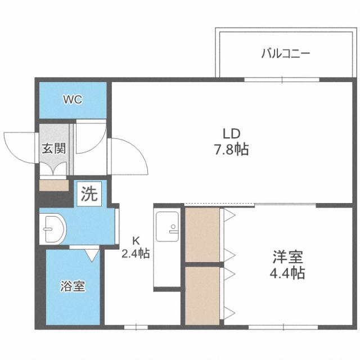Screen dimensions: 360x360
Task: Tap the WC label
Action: pos(73,100)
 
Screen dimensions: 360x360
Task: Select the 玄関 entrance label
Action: pos(53,149)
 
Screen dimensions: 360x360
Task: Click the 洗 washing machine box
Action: pos(89,195)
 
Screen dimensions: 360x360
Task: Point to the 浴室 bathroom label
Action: pos(73,286)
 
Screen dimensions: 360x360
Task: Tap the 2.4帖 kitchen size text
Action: pos(136,254)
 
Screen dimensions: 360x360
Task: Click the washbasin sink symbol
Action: pos(53,229)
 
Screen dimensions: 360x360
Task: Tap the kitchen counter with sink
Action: pos(166,247)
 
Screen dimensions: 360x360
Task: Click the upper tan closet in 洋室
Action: pos(202,235)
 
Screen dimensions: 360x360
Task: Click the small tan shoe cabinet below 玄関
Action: pos(53,184)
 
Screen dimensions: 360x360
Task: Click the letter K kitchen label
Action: pos(136,238)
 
